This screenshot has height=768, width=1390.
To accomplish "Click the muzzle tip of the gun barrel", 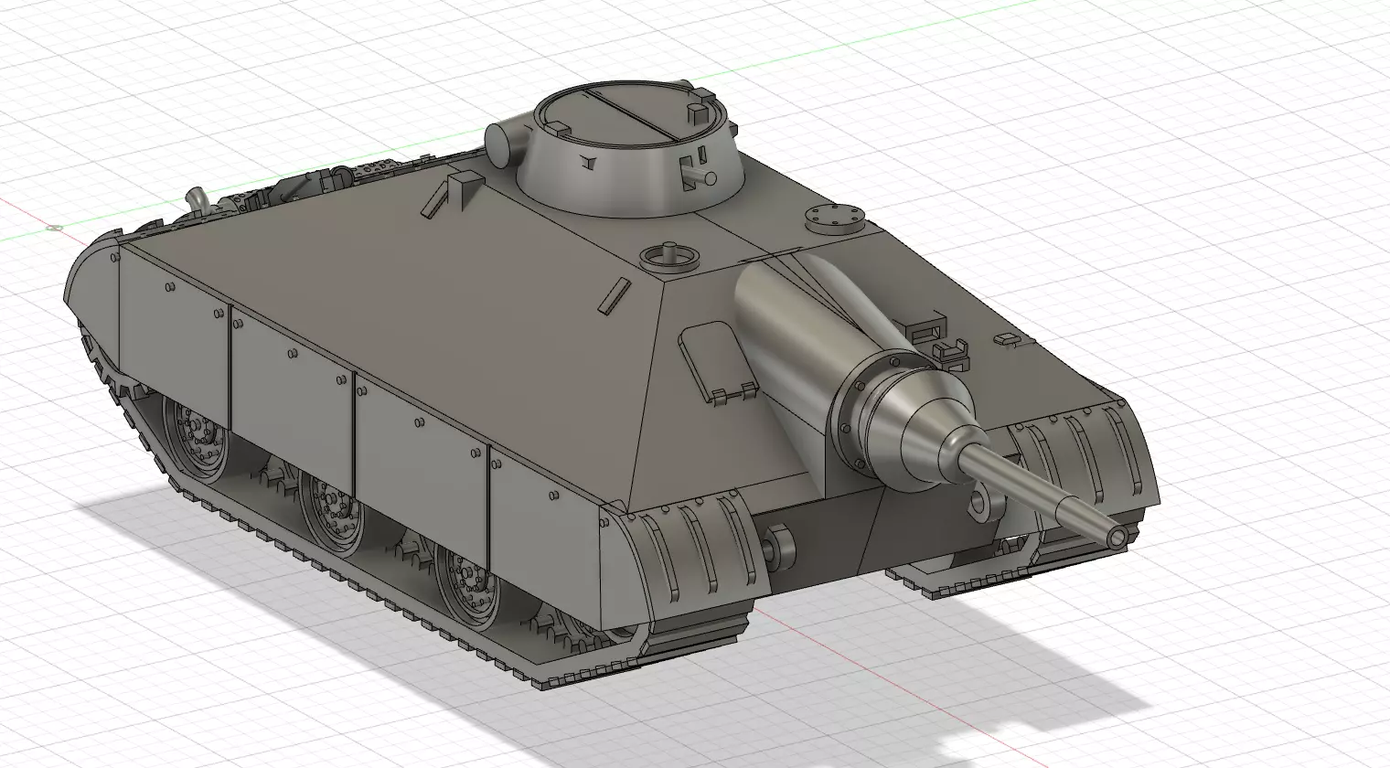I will (1115, 536).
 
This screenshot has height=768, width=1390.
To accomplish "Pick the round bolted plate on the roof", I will (833, 218).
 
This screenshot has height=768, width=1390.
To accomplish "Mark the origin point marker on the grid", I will (51, 227).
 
